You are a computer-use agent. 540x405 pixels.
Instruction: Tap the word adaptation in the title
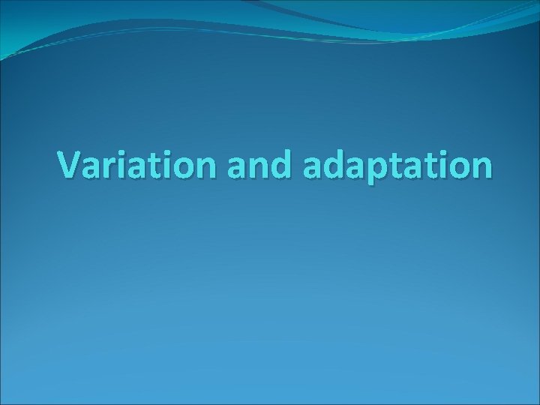(x=397, y=166)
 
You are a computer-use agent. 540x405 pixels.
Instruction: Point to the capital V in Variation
(x=72, y=164)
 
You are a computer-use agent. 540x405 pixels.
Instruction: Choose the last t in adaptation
(x=433, y=165)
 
